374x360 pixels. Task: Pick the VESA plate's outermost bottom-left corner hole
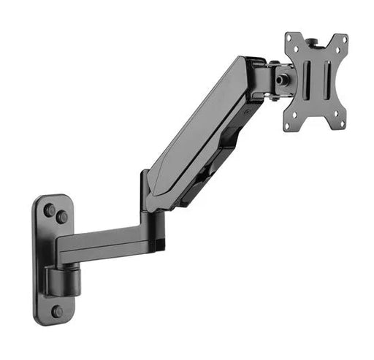(290, 126)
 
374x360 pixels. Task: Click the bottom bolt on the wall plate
(57, 311)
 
